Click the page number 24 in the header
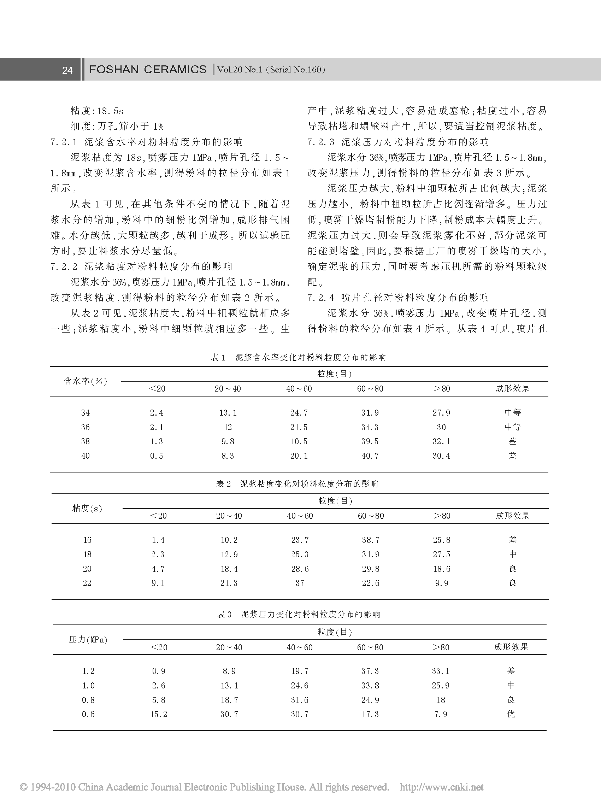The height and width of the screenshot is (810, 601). [x=67, y=70]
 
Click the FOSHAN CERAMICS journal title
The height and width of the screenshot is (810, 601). [x=148, y=70]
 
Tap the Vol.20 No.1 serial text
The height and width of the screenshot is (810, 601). [x=271, y=70]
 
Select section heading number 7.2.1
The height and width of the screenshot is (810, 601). [x=64, y=142]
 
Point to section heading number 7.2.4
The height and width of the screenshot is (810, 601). [x=320, y=298]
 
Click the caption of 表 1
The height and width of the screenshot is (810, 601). [x=298, y=357]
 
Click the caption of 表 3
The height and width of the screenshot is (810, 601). [x=298, y=615]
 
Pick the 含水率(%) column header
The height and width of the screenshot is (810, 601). [x=86, y=381]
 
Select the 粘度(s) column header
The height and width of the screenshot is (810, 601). [x=87, y=508]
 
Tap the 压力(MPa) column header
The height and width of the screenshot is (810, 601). [x=88, y=640]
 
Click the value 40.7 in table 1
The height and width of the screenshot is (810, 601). [x=370, y=456]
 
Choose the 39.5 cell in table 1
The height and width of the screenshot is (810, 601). [x=370, y=441]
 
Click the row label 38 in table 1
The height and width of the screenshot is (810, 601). [x=86, y=441]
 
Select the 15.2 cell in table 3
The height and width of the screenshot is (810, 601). [x=159, y=714]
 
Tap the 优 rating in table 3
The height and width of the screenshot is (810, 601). [x=511, y=714]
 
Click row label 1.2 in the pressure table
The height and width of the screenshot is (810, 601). [x=88, y=671]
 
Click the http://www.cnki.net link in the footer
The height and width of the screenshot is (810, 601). [x=442, y=787]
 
